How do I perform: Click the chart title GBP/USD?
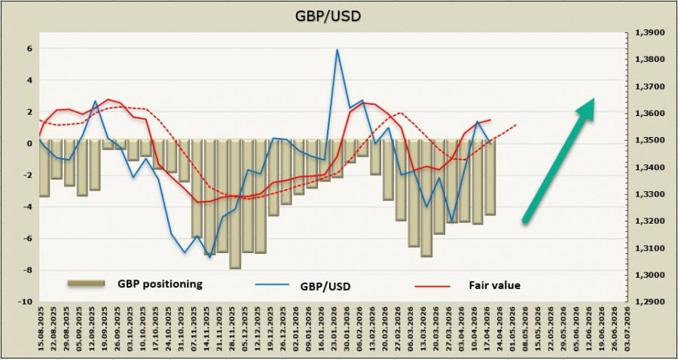coord(337,15)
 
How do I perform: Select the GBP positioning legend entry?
coord(160,284)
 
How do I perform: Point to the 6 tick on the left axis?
coord(29,49)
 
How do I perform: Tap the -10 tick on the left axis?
coord(25,302)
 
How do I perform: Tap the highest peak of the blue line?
coord(337,50)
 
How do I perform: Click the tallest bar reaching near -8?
coord(235,203)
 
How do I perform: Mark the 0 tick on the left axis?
coord(29,143)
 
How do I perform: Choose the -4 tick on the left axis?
coord(27,207)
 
